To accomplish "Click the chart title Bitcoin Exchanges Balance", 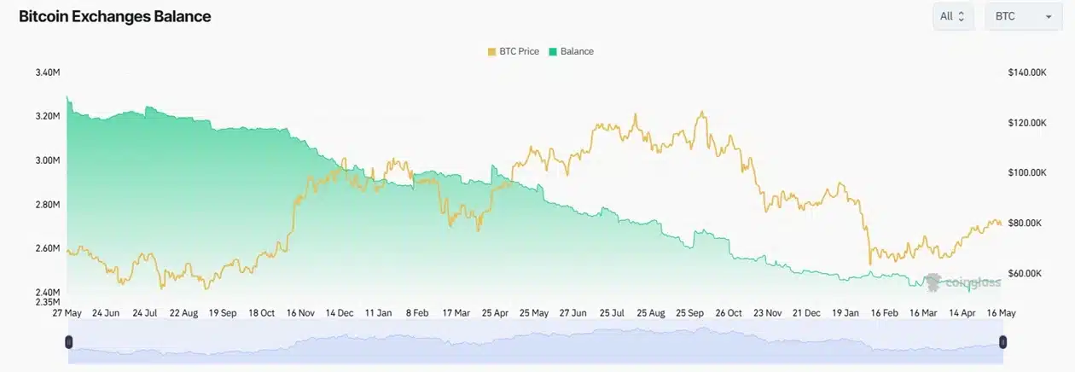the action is (x=114, y=16).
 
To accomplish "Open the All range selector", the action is (x=953, y=16).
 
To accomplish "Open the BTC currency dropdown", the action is (x=1024, y=16).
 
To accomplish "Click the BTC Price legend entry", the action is (x=514, y=51).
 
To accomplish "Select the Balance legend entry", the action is (x=571, y=51).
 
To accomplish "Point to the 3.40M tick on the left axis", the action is (x=48, y=73).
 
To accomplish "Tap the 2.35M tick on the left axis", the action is (x=48, y=302).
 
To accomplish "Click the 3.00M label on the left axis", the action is (x=48, y=160).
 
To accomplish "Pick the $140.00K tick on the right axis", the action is (x=1027, y=73).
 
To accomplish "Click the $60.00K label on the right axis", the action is (x=1025, y=273).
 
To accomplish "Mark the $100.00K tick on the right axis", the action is (x=1027, y=172).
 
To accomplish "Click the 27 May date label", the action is (x=67, y=313).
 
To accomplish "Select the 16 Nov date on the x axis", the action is (x=300, y=313).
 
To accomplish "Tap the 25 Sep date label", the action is (x=689, y=313).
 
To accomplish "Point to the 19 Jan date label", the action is (x=845, y=313).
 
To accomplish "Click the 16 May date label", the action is (x=1001, y=313).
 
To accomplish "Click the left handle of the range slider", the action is (x=68, y=342).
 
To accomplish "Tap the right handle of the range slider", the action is (x=1002, y=342).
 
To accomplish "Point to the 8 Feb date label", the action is (x=417, y=313).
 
